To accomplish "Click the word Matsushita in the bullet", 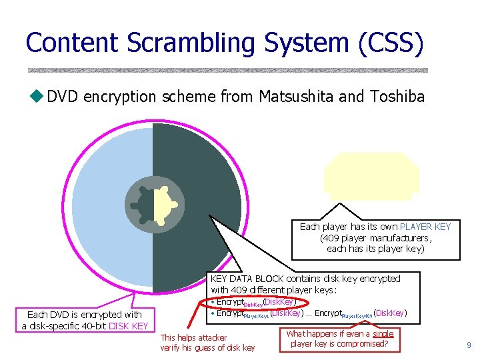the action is tap(297, 97).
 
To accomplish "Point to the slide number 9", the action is tap(469, 345).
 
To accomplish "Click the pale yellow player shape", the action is tap(371, 175).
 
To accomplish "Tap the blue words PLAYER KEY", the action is tap(425, 227).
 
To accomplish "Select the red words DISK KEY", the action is tap(128, 326).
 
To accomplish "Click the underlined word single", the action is tap(383, 333).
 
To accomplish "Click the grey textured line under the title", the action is tap(227, 70).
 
